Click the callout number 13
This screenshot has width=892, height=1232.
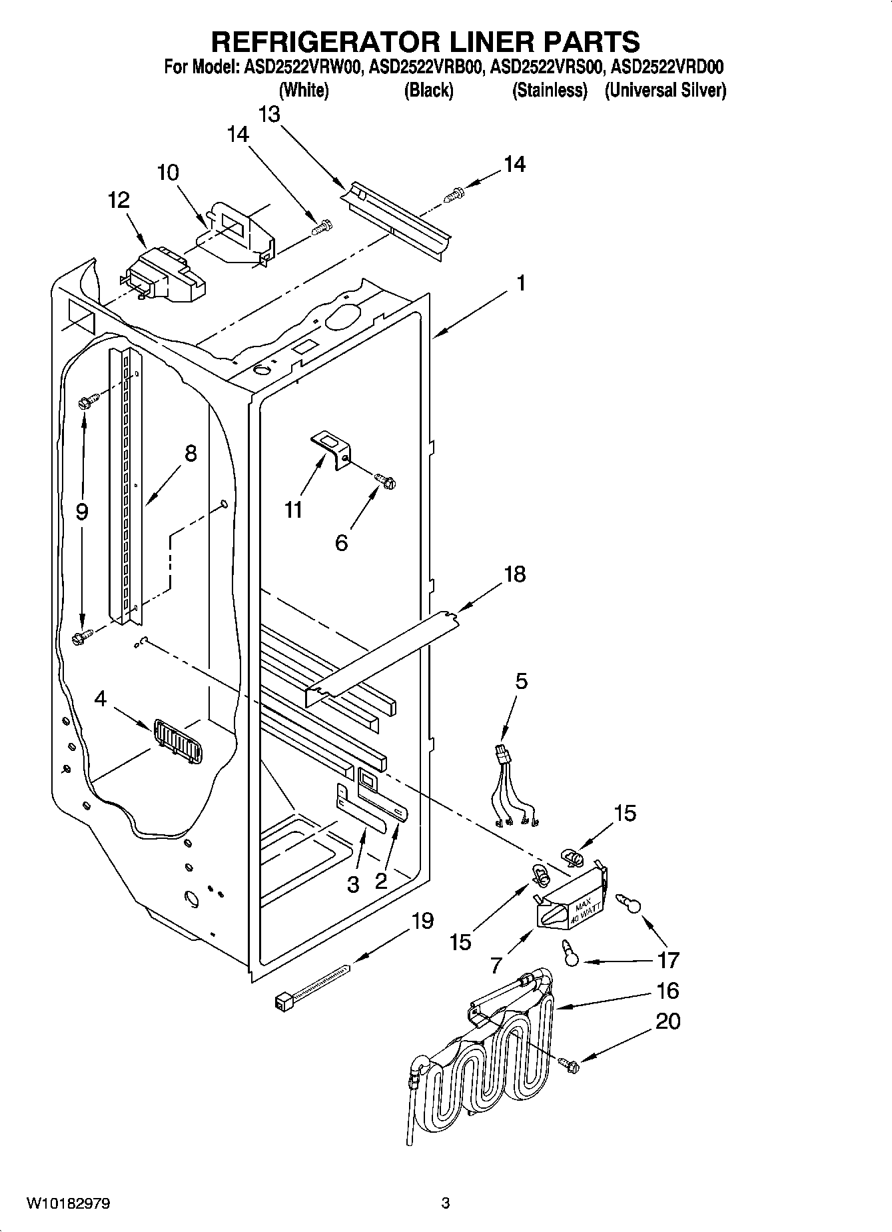tap(269, 115)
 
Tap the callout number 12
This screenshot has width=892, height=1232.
tap(119, 200)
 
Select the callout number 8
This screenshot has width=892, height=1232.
tap(191, 454)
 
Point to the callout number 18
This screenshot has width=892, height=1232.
tap(515, 574)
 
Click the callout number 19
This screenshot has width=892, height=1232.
tap(422, 921)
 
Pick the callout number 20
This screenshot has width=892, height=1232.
tap(668, 1021)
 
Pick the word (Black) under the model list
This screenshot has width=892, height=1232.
tap(428, 90)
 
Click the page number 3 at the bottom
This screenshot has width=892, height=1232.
tap(446, 1203)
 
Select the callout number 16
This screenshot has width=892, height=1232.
tap(668, 991)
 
